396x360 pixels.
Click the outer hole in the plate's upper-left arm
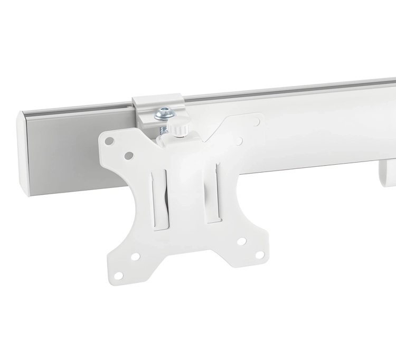coord(110,141)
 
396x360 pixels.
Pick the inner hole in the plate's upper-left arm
coord(128,155)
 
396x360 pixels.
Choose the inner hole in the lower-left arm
coord(136,257)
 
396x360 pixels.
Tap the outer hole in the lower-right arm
coord(259,255)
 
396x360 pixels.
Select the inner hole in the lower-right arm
coord(242,241)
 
